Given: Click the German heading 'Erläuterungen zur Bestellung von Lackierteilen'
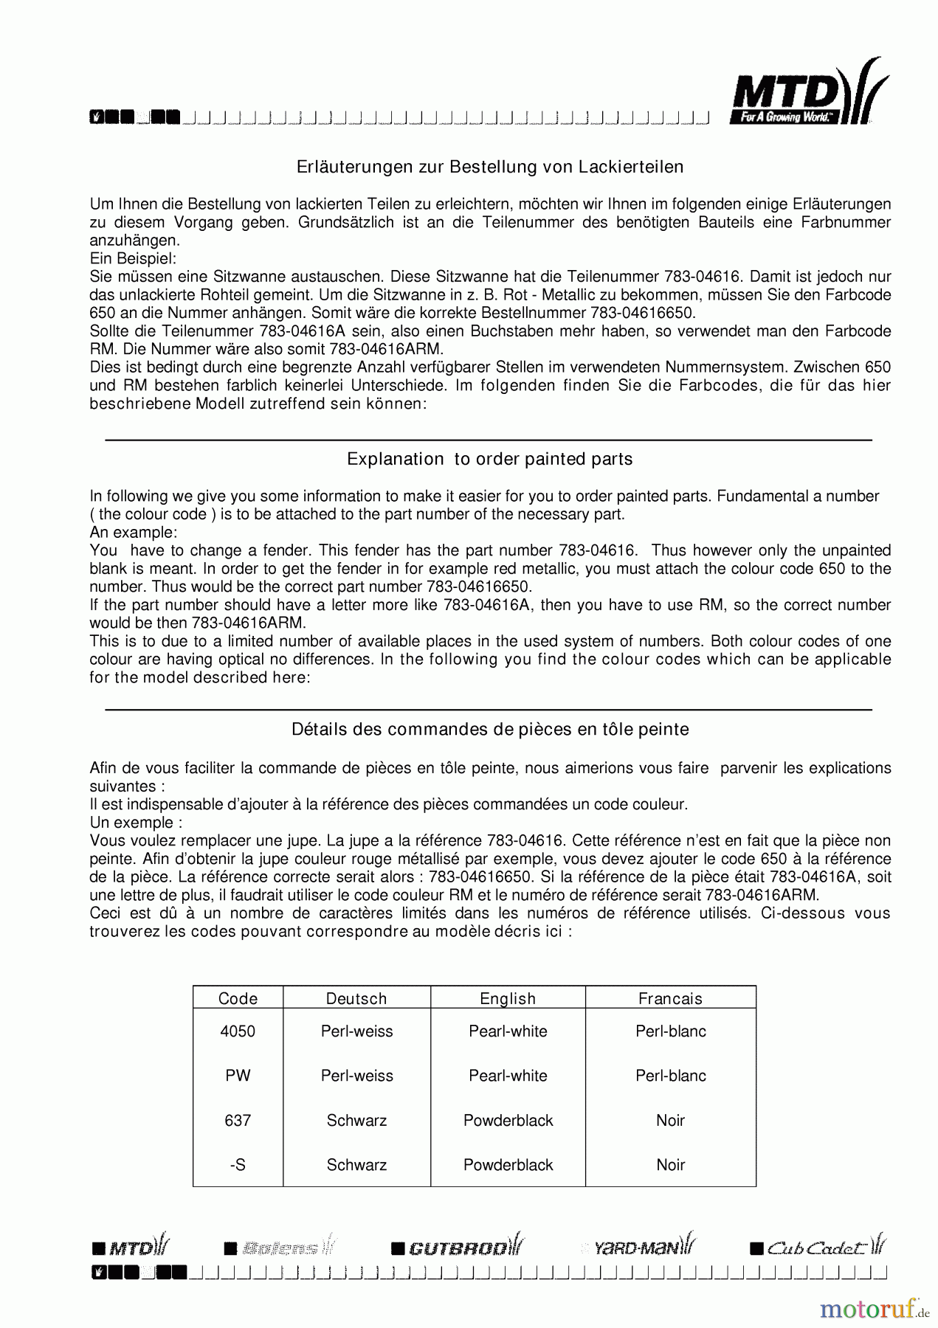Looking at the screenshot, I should point(490,167).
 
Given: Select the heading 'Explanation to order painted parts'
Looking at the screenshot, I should point(490,460).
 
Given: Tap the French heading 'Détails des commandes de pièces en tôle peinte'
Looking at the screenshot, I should point(490,730).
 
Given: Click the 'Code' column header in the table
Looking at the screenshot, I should point(238,999).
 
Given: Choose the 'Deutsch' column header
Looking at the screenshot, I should point(356,999).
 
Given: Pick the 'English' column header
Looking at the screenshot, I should point(508,999).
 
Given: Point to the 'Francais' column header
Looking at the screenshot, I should point(670,999).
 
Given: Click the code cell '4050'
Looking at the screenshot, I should point(238,1031).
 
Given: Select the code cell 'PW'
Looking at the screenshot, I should point(238,1076).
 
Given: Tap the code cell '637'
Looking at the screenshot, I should point(238,1121).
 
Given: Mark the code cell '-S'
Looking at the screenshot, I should point(238,1165).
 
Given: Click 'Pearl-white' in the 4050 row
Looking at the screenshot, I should point(508,1031).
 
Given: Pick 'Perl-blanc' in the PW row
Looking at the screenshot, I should point(670,1076).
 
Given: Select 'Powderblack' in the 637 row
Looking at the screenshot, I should point(508,1121).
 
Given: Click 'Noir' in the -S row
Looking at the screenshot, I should point(670,1165).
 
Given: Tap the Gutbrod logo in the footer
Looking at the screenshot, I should point(458,1247).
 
